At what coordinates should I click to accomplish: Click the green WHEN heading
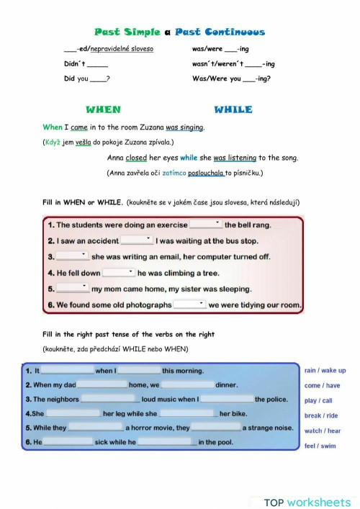tap(104, 109)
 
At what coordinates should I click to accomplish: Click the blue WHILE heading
tap(233, 109)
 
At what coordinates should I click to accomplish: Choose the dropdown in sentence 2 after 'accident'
tap(137, 240)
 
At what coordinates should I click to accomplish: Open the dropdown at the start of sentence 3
tap(72, 256)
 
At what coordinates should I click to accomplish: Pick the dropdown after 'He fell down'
tap(119, 273)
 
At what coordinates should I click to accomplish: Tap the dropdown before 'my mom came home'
tap(72, 289)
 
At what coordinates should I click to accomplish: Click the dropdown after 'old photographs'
tap(190, 305)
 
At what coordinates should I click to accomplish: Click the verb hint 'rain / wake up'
tap(325, 370)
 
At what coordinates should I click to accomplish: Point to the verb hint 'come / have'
tap(322, 385)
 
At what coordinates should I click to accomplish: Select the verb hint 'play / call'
tap(318, 400)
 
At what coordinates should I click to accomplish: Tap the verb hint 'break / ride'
tap(321, 415)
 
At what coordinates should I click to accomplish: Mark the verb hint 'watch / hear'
tap(323, 431)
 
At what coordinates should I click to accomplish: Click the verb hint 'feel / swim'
tap(320, 446)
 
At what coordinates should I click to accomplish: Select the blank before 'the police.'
tap(227, 399)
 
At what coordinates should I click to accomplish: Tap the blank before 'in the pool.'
tap(166, 443)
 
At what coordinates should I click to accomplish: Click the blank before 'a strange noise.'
tap(216, 428)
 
